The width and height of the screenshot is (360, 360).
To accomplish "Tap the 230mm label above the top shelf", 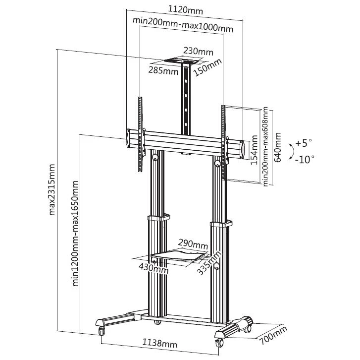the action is [x=199, y=51].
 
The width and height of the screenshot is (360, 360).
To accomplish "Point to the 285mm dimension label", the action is [x=163, y=70].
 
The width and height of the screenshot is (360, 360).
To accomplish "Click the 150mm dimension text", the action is [x=207, y=67].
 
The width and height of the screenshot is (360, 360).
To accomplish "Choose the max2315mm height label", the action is [x=52, y=189].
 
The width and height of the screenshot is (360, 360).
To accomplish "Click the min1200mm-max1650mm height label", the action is [x=75, y=234].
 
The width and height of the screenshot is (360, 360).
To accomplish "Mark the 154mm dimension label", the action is [x=254, y=150].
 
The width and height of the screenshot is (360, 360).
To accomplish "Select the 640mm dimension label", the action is [x=278, y=147].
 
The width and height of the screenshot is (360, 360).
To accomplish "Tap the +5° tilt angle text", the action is [x=304, y=143].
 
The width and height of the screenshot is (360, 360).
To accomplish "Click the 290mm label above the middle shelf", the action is [x=193, y=244].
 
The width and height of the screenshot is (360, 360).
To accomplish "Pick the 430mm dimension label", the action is [x=154, y=268].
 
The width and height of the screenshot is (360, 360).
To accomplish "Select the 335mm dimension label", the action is [x=209, y=263].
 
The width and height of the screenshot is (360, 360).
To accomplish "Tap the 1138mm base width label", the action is [x=160, y=344].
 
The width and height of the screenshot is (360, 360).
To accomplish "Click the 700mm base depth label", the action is [x=273, y=335].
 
